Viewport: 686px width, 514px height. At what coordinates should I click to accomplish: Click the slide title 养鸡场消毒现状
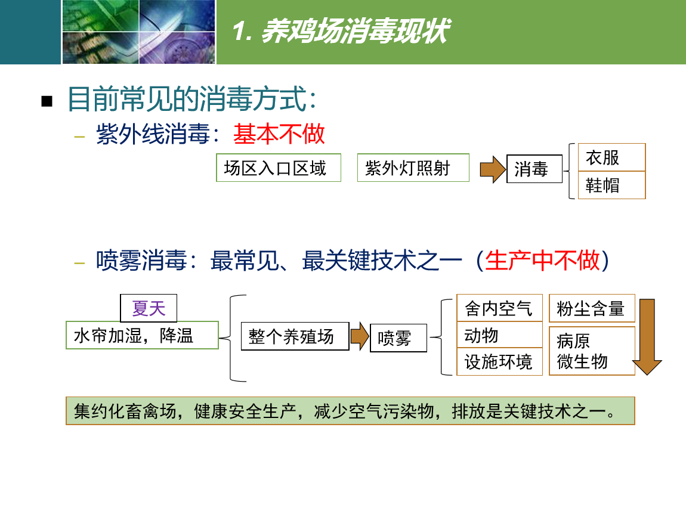click(356, 31)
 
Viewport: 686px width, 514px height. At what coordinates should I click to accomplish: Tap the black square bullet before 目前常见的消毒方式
click(47, 101)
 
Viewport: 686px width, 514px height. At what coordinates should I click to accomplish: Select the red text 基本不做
click(279, 134)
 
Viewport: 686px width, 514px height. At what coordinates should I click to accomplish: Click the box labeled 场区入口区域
click(278, 168)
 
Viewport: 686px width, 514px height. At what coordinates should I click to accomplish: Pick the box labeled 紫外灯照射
click(413, 168)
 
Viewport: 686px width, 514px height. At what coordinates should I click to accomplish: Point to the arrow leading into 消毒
click(493, 169)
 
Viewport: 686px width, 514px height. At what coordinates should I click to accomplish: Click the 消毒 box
click(534, 169)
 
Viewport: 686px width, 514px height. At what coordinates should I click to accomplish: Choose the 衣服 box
click(611, 157)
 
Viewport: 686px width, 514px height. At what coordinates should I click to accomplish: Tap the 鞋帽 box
click(611, 185)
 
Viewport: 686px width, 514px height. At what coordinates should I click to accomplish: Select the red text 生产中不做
click(542, 261)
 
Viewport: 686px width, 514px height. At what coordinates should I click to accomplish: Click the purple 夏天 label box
click(149, 308)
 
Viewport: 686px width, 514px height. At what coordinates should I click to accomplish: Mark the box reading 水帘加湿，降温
click(142, 335)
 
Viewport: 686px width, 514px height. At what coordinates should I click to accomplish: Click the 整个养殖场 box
click(295, 336)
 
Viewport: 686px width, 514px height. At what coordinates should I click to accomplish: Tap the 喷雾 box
click(398, 337)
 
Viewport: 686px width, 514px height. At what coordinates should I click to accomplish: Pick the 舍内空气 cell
click(500, 308)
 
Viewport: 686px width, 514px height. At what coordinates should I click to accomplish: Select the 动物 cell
click(500, 335)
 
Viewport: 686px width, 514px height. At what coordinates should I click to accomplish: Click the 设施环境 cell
click(500, 362)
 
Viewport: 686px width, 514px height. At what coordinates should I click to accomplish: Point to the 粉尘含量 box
click(592, 308)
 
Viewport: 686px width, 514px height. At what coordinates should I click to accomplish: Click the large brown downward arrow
click(647, 337)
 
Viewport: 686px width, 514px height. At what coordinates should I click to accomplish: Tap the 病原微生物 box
click(592, 351)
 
